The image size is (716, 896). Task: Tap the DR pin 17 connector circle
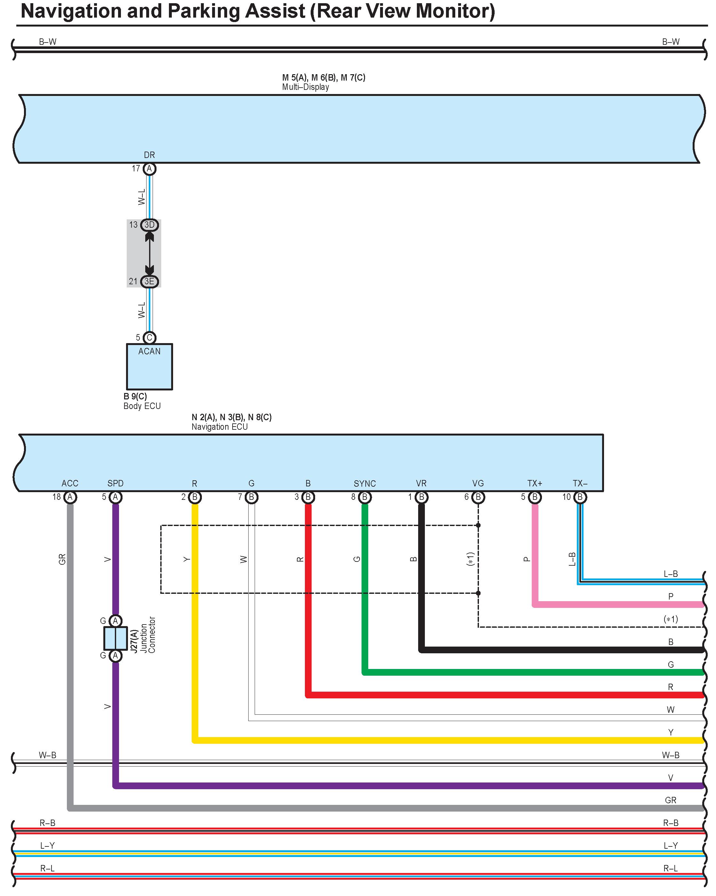click(x=149, y=169)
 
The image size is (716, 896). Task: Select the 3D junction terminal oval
click(x=149, y=225)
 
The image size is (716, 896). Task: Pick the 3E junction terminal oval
click(x=149, y=281)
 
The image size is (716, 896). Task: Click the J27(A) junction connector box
click(x=115, y=638)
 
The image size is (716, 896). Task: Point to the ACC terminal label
click(x=70, y=483)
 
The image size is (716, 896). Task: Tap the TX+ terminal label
click(x=535, y=483)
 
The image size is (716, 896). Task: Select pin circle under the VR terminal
click(x=421, y=497)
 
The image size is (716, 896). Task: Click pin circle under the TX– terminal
click(x=580, y=497)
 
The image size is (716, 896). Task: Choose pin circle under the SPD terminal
click(x=115, y=497)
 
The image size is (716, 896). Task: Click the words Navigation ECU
click(x=219, y=427)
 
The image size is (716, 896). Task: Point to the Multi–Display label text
click(x=306, y=87)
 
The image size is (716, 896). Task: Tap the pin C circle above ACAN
click(x=149, y=337)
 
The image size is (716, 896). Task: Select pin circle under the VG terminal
click(x=478, y=497)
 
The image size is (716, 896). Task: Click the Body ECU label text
click(x=142, y=406)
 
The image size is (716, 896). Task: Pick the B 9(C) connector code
click(x=135, y=396)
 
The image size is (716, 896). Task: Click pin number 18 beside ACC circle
click(x=57, y=497)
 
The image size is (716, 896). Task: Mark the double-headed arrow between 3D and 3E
click(x=149, y=253)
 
